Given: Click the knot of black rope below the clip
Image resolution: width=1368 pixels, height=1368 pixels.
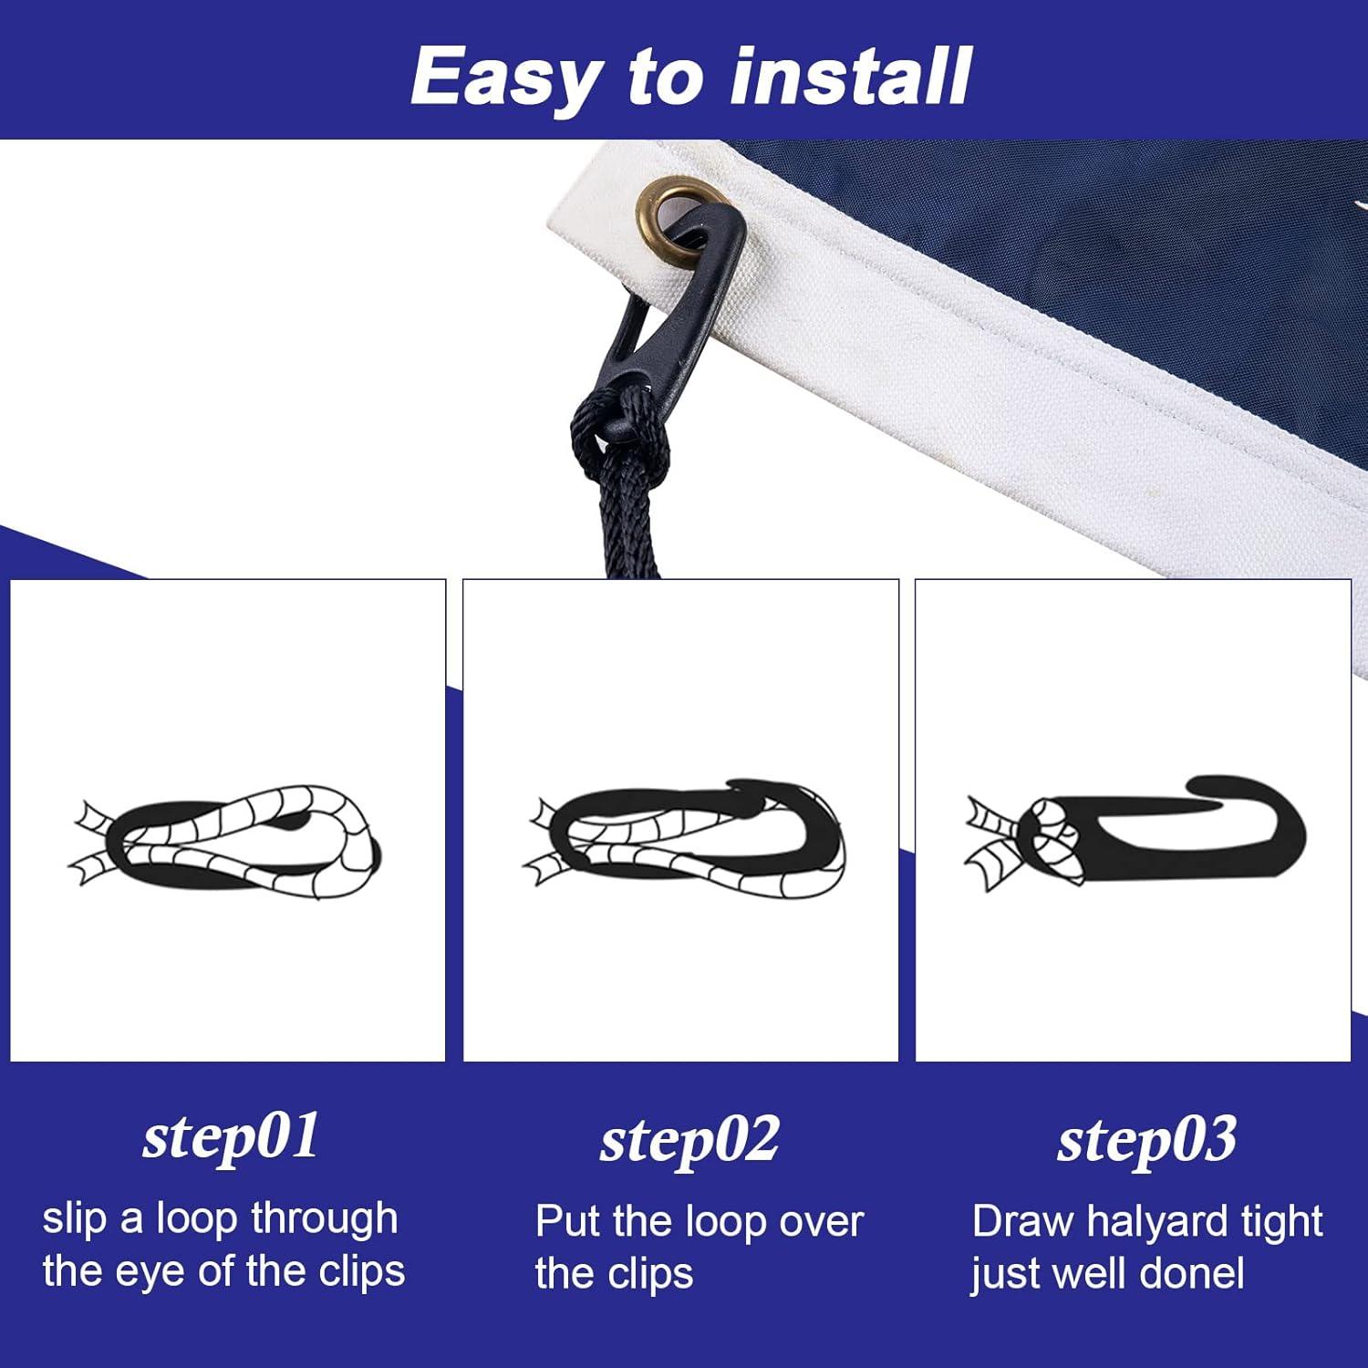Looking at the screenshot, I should (620, 429).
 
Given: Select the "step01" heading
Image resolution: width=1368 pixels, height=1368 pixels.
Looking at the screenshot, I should (231, 1137).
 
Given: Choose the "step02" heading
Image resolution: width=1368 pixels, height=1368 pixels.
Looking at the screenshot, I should (689, 1140).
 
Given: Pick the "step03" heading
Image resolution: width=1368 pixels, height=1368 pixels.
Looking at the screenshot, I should (1146, 1140).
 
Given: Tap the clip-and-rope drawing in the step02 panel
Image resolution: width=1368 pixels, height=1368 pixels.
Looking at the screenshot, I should (684, 834).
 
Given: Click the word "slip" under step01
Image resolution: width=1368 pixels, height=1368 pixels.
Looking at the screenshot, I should (74, 1219).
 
